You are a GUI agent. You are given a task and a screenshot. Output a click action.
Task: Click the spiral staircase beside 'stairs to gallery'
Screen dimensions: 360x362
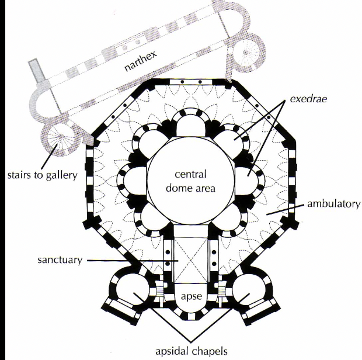(59, 140)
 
